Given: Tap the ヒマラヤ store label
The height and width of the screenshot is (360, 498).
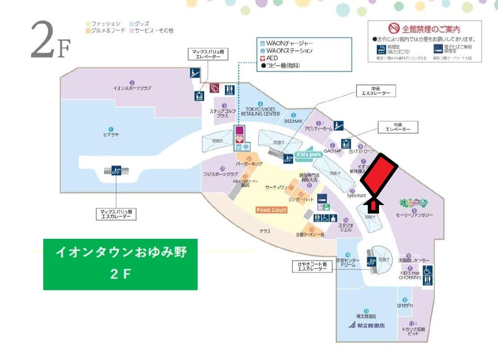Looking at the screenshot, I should click(x=110, y=134).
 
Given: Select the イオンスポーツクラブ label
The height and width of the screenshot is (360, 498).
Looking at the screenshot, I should click(x=132, y=88).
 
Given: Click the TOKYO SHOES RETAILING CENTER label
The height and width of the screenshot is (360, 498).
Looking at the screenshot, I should click(x=260, y=112).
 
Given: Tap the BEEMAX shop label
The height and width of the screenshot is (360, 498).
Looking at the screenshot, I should click(x=293, y=122).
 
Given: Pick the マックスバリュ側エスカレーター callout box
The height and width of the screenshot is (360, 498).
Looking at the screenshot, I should click(x=116, y=214).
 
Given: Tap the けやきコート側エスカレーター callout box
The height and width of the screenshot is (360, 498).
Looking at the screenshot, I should click(x=312, y=266).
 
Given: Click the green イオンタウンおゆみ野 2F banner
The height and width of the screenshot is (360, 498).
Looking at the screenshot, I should click(x=120, y=264).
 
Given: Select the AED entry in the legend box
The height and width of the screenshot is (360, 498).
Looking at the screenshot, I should click(x=272, y=58).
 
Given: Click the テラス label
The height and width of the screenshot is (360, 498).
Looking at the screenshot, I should click(x=265, y=231).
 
